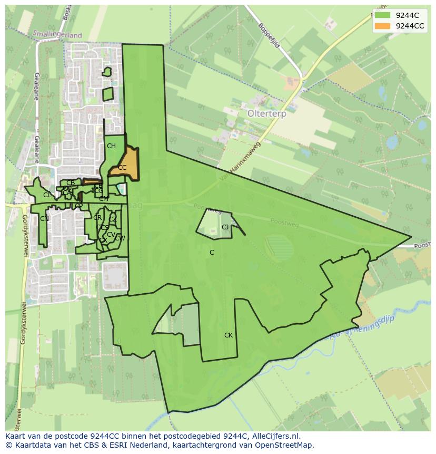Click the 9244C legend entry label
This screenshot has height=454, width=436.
[407, 15]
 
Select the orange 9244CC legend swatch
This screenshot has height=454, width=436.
[383, 26]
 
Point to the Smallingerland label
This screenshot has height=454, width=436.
[57, 35]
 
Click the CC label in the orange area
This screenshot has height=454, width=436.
[122, 168]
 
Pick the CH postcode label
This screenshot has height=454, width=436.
[111, 146]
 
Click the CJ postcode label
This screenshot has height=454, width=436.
[225, 227]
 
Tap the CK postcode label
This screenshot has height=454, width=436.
[229, 335]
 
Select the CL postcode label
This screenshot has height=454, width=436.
[47, 195]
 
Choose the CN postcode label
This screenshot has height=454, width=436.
[44, 219]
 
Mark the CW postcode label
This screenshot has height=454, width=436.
[120, 238]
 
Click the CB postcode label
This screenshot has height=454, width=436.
[71, 183]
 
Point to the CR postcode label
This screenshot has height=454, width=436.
[97, 218]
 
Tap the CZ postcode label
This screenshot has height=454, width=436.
[113, 219]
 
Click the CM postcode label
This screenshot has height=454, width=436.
[104, 199]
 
